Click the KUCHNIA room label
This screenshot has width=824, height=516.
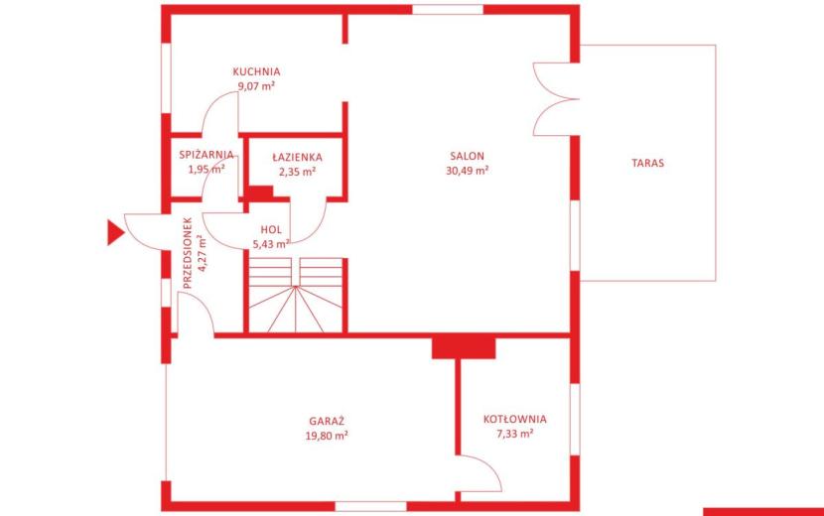[256, 71]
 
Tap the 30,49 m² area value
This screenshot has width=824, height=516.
[468, 171]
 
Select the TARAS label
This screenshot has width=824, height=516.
[648, 163]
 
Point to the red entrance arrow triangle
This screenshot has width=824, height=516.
[115, 233]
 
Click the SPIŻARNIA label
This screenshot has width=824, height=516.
[206, 155]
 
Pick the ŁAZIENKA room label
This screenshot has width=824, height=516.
[298, 157]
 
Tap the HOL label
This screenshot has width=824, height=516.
[271, 229]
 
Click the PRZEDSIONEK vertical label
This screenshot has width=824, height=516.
[188, 253]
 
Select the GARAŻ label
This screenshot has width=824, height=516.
[327, 421]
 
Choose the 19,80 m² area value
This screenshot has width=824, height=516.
[327, 436]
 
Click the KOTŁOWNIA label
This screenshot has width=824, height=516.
[515, 420]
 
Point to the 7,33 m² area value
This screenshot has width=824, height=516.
[515, 434]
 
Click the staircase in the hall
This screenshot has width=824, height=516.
[296, 295]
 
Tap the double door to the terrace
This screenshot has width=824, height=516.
[556, 99]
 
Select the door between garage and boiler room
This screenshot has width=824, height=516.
[479, 473]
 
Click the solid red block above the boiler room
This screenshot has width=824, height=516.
[464, 348]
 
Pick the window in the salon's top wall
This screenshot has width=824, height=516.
[448, 10]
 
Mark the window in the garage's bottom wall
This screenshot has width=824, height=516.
[371, 506]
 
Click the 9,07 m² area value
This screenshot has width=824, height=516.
[256, 86]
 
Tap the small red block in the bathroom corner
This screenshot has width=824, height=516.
[261, 193]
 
